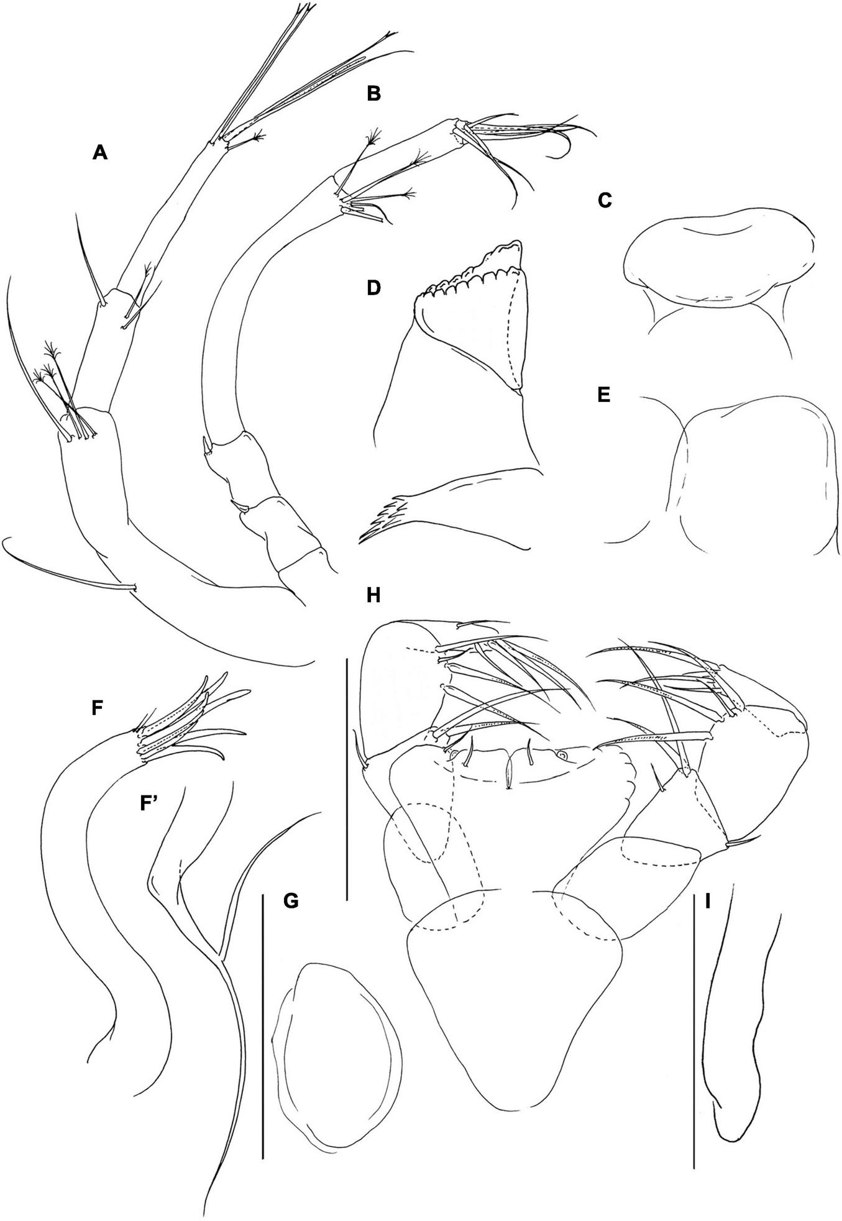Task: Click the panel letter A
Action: tap(99, 152)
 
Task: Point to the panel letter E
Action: tap(603, 396)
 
